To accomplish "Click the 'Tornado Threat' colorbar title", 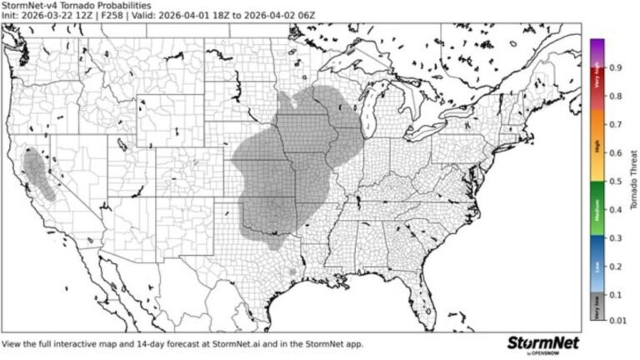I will pos(633,179).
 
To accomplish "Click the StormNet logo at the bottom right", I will pos(543,343).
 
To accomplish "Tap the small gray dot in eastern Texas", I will pos(292,272).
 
